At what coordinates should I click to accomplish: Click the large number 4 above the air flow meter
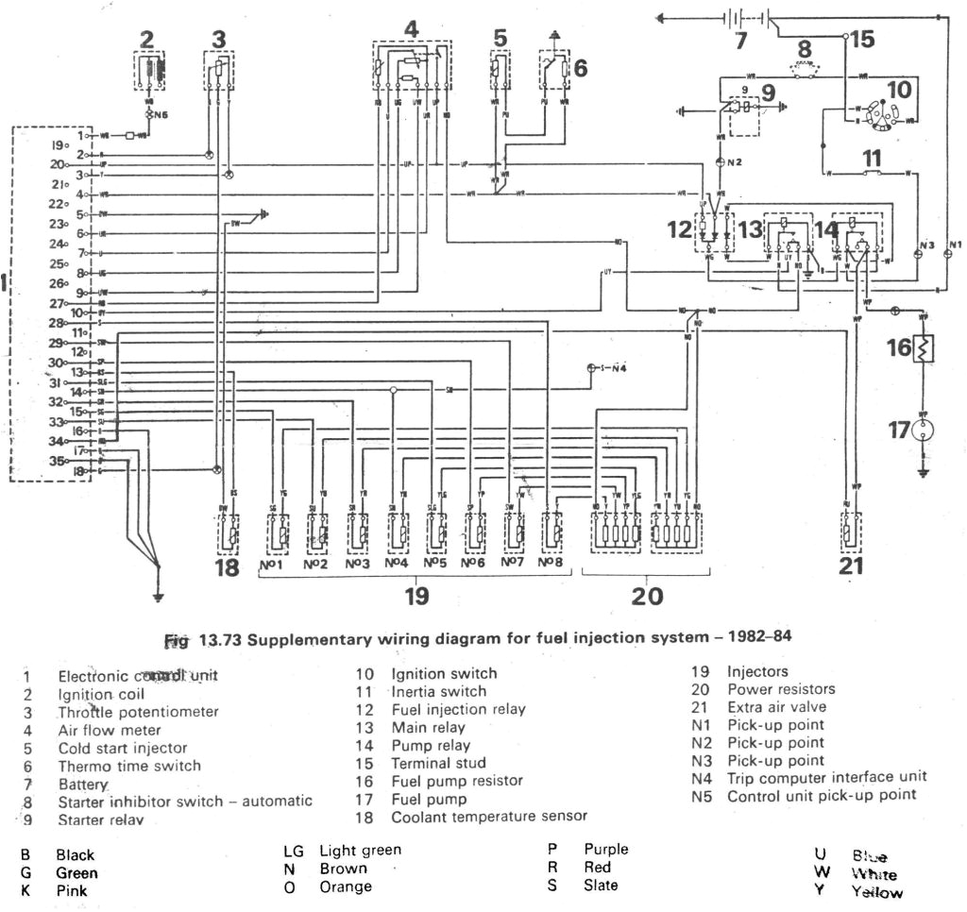(x=410, y=29)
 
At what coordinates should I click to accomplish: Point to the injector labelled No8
(x=551, y=534)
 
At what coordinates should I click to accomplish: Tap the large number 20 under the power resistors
(x=647, y=596)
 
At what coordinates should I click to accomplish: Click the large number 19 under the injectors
(x=416, y=596)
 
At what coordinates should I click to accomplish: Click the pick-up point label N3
(x=926, y=245)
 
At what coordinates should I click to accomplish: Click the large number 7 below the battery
(x=740, y=42)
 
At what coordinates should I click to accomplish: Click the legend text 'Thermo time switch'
(x=129, y=766)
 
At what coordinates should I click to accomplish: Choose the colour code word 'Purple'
(x=605, y=850)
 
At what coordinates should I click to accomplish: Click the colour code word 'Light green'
(x=360, y=851)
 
